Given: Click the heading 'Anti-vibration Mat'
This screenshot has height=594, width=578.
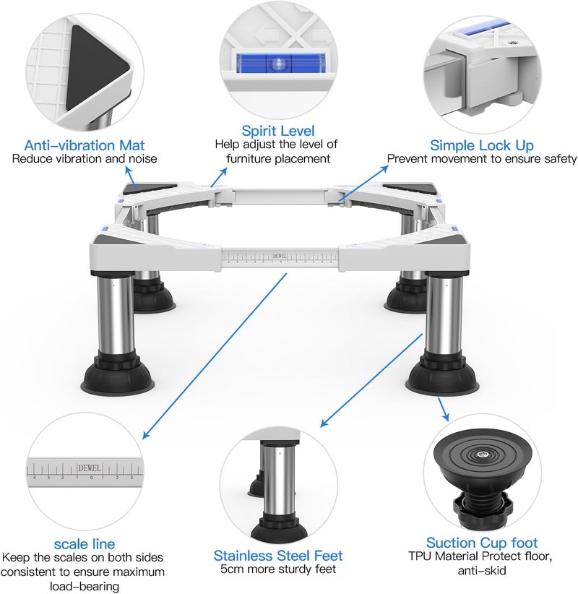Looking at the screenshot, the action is pos(84,145).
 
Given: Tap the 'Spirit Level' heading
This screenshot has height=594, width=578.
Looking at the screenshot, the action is pos(278,131).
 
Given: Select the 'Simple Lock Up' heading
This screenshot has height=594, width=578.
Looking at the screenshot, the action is pos(482,145).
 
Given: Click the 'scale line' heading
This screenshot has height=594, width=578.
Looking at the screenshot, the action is pos(84,544).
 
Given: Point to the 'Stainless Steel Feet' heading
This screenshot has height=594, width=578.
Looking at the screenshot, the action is pos(278,556).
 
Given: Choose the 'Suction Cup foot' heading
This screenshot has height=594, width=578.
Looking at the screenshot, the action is pos(482,543).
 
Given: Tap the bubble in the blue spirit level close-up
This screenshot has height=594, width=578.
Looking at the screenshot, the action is pos(278,64).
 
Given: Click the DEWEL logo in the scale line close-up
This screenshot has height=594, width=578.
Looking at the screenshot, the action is pos(90,468).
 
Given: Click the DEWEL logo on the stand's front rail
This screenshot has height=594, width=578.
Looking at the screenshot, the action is pos(280,256).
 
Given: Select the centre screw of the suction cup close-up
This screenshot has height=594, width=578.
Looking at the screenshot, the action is pos(481,455).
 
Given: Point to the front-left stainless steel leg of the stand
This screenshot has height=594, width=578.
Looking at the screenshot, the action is pos(115,314).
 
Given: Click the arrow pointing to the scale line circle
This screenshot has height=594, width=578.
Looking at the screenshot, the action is pos(215,356).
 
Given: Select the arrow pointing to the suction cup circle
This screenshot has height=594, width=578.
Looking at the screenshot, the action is pos(443,410).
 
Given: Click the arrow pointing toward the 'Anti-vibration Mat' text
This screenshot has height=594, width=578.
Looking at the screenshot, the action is pos(131,178).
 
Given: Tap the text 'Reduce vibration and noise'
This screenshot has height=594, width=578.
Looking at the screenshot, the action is pos(84,159).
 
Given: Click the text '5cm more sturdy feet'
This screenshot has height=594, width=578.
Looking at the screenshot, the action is pos(278,569).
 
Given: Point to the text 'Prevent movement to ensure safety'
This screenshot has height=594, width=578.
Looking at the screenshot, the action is pos(482,159).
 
